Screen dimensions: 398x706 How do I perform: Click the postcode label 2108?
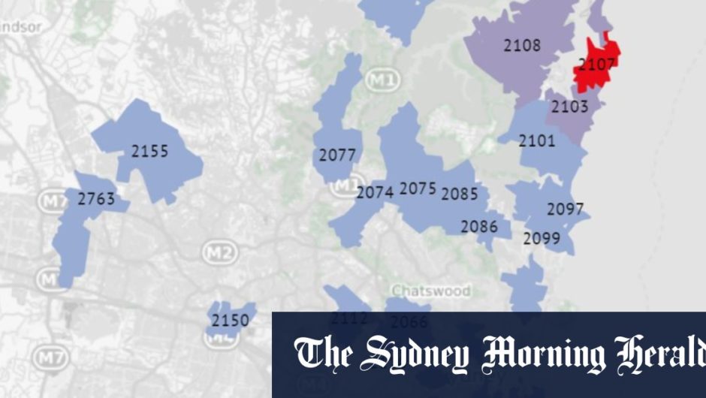tap(522, 46)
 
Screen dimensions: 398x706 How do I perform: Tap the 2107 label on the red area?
tap(597, 65)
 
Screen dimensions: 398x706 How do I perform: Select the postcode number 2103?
tap(570, 107)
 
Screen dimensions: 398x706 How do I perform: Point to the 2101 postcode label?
tap(537, 140)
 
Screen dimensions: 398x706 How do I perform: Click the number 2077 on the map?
tap(337, 155)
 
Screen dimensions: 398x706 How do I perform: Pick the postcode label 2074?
tap(375, 192)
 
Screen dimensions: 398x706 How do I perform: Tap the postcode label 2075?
tap(418, 188)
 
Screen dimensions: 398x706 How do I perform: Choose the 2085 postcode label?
tap(460, 194)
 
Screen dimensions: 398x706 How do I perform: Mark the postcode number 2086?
tap(479, 225)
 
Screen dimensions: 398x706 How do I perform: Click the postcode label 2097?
tap(565, 210)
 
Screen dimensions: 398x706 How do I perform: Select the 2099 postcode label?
tap(542, 239)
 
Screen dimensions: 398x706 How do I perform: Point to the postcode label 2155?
tap(150, 151)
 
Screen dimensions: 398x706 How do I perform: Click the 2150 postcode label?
tap(230, 321)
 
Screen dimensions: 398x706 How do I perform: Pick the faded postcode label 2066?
tap(409, 322)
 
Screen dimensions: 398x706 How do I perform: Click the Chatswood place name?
tap(430, 291)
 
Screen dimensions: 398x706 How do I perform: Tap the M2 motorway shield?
tap(219, 253)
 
